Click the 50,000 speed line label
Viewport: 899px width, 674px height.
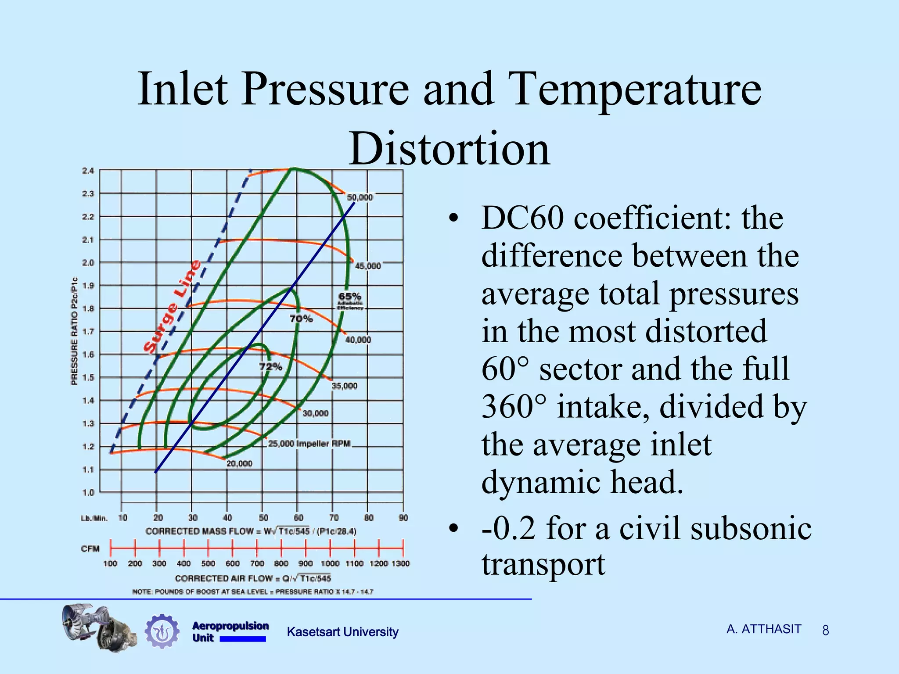pos(360,198)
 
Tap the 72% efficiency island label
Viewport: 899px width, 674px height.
pos(270,366)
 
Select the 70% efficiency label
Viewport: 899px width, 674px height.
pos(301,319)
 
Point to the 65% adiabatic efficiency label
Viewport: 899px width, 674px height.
pos(350,297)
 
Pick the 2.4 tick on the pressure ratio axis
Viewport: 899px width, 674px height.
pos(88,171)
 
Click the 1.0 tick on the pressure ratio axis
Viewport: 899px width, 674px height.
pos(88,493)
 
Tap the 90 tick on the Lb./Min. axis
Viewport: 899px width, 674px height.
pos(403,518)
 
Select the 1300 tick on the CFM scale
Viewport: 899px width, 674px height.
pos(400,563)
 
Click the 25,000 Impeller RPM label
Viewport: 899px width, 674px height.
pos(309,444)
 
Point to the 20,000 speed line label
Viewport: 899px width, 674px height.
pos(239,464)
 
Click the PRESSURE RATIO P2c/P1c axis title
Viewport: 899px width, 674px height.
pos(75,331)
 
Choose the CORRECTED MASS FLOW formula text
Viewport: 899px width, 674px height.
pos(251,531)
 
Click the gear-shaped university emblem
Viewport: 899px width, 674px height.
pos(162,631)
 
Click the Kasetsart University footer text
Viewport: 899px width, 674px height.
pos(342,632)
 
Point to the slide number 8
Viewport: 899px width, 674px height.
pos(825,631)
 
